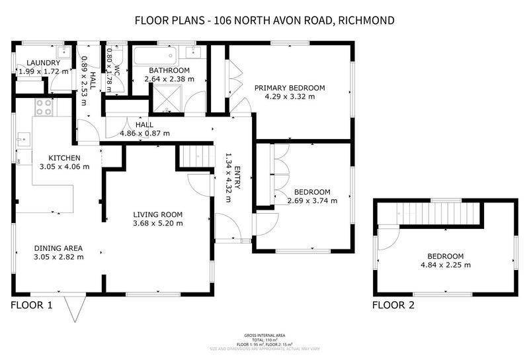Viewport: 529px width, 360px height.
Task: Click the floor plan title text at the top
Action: [264, 20]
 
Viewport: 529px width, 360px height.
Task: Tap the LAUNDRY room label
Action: [35, 63]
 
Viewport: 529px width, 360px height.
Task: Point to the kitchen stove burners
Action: [44, 108]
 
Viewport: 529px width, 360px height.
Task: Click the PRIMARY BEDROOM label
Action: [290, 87]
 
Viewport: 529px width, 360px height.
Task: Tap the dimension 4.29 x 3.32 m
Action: [290, 97]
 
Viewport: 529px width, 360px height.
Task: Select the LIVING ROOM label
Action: [157, 214]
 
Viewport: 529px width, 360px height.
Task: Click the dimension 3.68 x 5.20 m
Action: [157, 224]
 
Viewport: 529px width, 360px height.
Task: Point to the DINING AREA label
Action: [60, 248]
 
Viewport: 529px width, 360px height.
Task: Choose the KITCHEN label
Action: [64, 157]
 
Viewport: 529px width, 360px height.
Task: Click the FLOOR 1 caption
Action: [31, 305]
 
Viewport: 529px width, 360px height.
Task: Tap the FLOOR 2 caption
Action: [393, 305]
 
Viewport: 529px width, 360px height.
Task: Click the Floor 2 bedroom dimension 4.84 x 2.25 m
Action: [445, 265]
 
